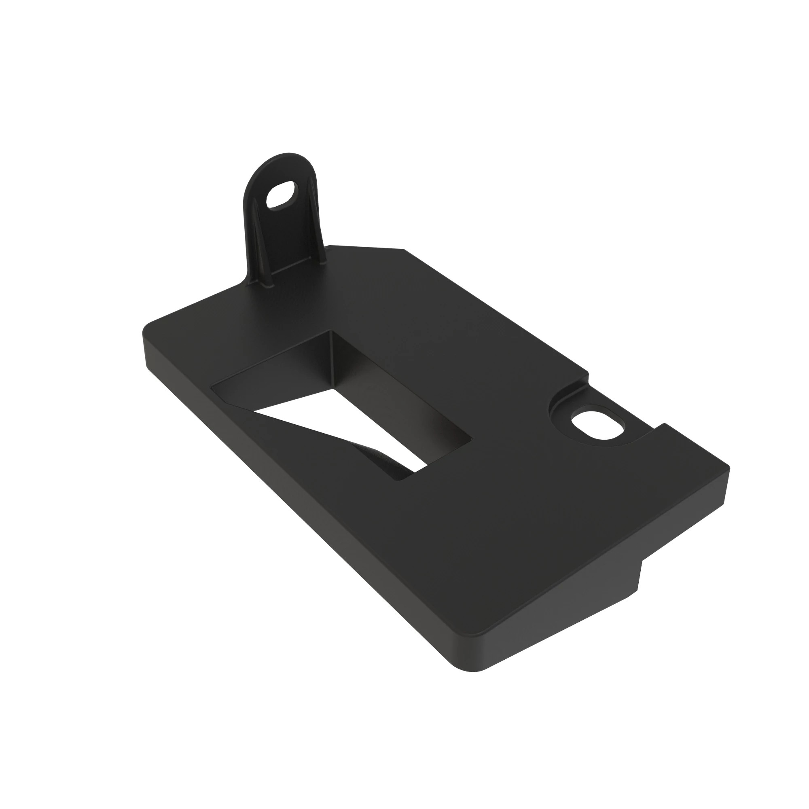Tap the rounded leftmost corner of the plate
146,331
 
